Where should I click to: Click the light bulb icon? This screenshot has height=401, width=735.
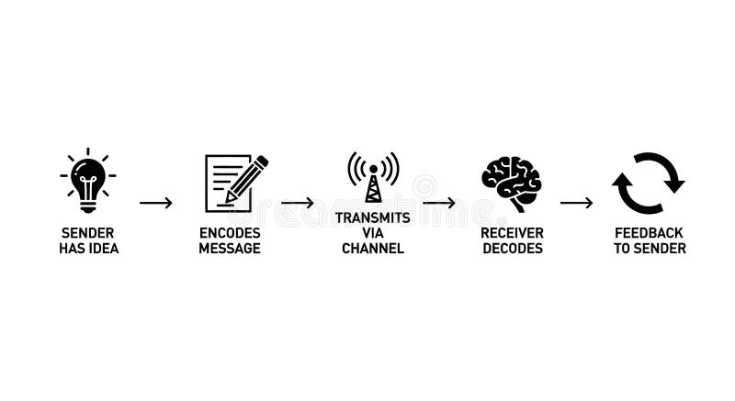click(88, 180)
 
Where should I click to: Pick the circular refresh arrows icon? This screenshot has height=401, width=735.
click(649, 183)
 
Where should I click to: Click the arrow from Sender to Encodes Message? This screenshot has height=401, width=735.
click(156, 203)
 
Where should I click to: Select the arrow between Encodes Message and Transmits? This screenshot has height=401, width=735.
click(298, 203)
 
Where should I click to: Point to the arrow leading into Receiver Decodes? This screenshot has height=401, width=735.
click(439, 203)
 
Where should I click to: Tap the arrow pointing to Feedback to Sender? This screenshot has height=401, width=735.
click(577, 203)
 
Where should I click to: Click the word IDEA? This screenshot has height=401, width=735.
click(104, 249)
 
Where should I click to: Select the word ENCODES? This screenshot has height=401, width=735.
click(230, 233)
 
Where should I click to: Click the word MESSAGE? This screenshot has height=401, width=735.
click(230, 249)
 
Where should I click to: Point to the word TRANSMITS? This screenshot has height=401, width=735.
click(373, 218)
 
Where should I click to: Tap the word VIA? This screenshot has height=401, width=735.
click(373, 233)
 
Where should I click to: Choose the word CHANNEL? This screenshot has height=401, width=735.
click(373, 249)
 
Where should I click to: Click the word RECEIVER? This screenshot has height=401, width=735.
click(513, 233)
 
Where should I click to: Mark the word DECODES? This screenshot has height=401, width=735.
click(513, 249)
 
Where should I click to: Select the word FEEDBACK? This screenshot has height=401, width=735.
click(650, 233)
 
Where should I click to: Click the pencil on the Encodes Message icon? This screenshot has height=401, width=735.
click(246, 178)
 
